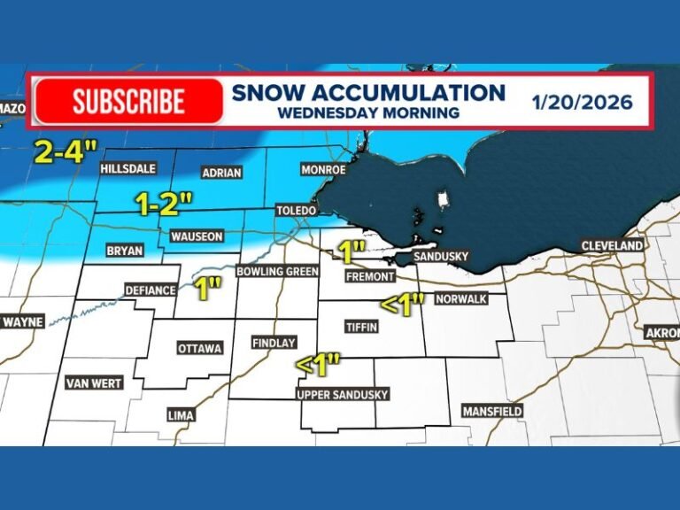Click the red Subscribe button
[128, 101]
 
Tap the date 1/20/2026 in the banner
[582, 102]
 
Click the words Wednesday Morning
[367, 113]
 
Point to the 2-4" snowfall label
[64, 151]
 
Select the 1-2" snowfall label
[164, 204]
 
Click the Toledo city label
[296, 211]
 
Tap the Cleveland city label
[611, 245]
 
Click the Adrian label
[221, 174]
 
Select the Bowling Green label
[277, 271]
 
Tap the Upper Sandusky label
[343, 395]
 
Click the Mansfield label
[492, 411]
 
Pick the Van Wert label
[93, 383]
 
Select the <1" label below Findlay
[318, 364]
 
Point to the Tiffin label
[363, 328]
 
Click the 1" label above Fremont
[352, 251]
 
